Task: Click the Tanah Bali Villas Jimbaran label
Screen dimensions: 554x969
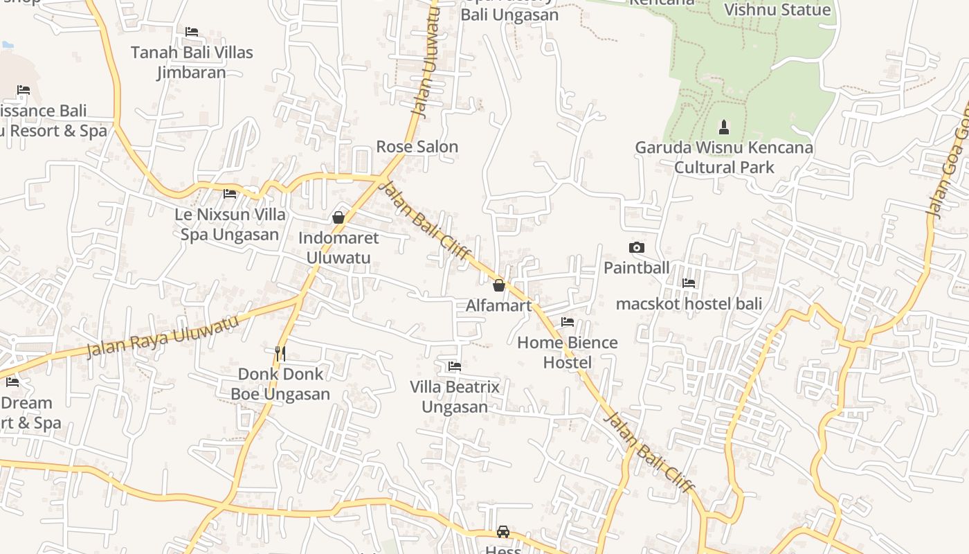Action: (x=192, y=62)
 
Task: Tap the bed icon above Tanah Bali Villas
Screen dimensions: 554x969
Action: (x=192, y=32)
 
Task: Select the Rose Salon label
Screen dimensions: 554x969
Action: (x=417, y=147)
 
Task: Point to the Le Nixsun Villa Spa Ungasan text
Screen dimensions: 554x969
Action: (x=230, y=224)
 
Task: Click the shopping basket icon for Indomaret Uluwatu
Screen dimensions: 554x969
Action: (x=338, y=217)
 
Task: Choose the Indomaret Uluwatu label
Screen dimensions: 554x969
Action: (x=338, y=248)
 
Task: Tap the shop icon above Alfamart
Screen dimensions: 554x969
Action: (x=498, y=285)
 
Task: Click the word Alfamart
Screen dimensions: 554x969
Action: (x=498, y=305)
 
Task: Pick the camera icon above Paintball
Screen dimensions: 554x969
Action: (x=636, y=247)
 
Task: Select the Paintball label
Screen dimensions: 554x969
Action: (x=636, y=268)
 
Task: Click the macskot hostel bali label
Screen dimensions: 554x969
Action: (x=689, y=303)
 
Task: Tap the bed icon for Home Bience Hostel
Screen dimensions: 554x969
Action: (x=568, y=322)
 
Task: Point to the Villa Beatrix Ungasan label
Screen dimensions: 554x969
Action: (x=455, y=397)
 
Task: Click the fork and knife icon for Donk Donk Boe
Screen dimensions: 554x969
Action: (x=280, y=353)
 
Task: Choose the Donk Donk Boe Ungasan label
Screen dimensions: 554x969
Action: (x=280, y=384)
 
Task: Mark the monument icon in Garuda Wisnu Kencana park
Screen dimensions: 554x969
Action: (x=723, y=127)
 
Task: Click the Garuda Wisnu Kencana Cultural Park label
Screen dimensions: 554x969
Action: (x=723, y=157)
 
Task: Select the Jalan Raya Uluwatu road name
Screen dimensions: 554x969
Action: (x=163, y=337)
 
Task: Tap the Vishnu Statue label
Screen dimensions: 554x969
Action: (x=777, y=10)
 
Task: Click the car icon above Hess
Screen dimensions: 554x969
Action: (x=503, y=532)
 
